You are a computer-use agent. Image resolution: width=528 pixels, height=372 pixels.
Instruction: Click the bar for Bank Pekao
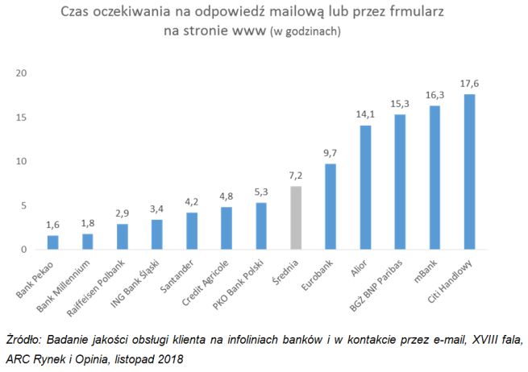pos(52,242)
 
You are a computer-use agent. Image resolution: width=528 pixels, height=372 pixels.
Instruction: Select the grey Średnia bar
pos(296,218)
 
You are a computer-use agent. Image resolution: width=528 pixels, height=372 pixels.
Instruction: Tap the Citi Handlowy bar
pos(469,172)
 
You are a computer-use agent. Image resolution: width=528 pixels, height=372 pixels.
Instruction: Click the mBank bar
pos(434,178)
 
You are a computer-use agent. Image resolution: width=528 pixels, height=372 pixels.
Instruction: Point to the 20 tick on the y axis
pos(22,73)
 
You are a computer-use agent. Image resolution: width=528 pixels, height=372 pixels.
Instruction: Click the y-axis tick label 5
pos(25,205)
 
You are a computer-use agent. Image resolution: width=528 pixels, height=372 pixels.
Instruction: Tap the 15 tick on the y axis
pos(22,118)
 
